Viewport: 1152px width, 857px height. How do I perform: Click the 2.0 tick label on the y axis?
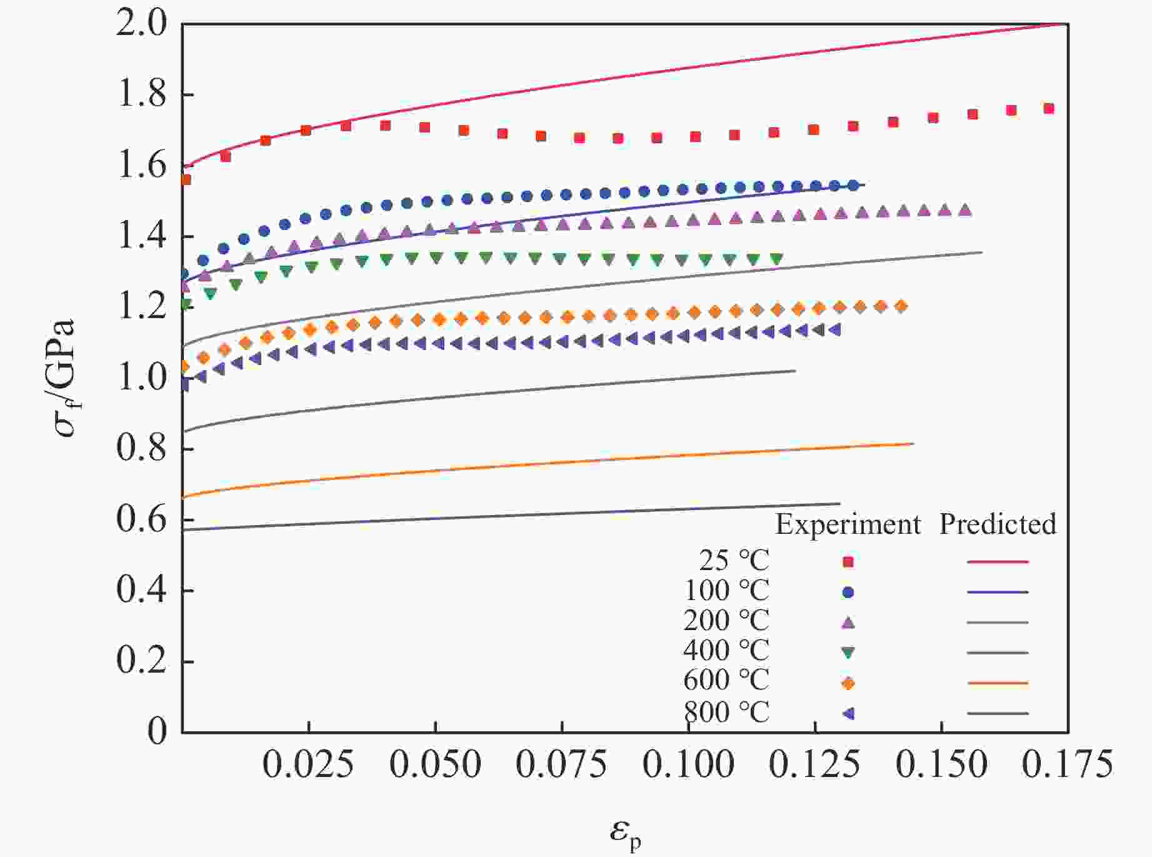point(141,25)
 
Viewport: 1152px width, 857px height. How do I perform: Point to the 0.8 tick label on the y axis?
point(141,449)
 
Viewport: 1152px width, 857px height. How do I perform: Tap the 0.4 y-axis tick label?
point(141,590)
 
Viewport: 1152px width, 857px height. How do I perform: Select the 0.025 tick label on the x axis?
point(308,764)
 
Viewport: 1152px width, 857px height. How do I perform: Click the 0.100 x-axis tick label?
point(688,764)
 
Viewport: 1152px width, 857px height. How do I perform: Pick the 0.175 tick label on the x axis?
point(1067,764)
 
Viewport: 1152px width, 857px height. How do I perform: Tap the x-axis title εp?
point(625,833)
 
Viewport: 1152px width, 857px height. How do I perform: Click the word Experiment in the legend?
point(848,524)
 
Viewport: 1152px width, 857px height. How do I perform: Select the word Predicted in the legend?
point(998,524)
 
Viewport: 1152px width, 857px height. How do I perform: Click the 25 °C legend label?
point(734,561)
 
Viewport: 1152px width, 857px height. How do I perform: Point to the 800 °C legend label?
point(726,712)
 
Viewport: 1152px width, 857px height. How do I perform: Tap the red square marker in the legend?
point(848,562)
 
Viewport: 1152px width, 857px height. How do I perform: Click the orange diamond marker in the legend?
point(848,683)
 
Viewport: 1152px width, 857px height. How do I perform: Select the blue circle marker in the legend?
point(848,592)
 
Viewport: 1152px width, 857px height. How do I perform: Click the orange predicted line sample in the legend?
point(998,683)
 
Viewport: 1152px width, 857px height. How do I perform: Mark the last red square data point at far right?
point(1049,109)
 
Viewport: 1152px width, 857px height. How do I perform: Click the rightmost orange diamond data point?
point(901,306)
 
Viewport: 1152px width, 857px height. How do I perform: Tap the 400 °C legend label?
point(726,651)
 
